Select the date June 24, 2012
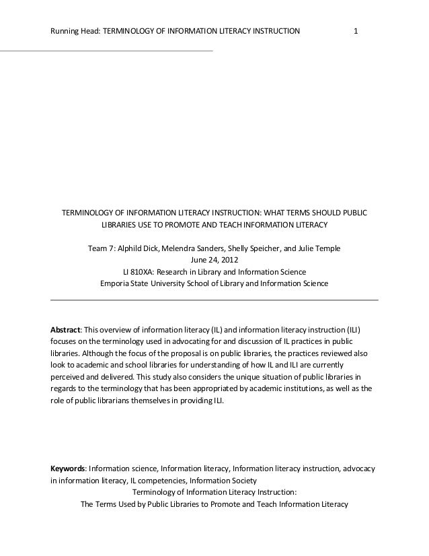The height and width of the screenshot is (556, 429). pos(214,260)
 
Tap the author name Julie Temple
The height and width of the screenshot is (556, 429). pos(319,249)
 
